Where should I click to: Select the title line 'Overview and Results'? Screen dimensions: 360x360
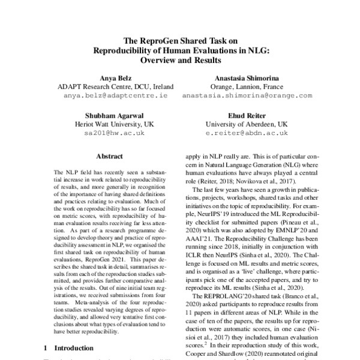pyautogui.click(x=180, y=60)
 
